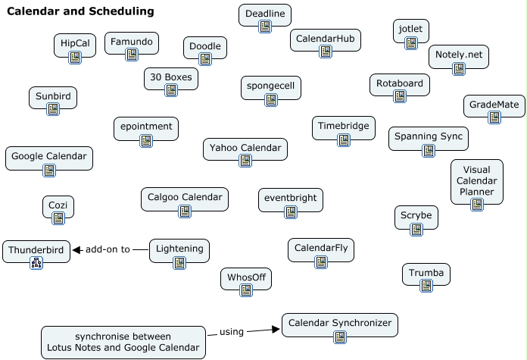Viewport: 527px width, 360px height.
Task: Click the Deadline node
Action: pos(265,15)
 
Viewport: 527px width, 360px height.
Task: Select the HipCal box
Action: pos(75,45)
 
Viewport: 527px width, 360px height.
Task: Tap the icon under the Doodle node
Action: pos(205,59)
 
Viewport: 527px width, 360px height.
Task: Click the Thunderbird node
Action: pos(36,252)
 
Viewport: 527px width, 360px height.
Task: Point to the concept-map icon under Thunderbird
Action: pos(36,263)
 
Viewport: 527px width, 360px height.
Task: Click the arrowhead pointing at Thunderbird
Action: pos(76,250)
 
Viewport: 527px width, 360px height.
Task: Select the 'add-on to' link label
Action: pos(108,249)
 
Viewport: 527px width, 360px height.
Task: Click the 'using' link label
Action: pos(232,332)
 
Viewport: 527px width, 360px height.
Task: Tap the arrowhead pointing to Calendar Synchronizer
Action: pos(276,329)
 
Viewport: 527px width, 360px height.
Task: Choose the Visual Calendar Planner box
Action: pos(477,182)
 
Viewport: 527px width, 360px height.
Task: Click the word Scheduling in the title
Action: pos(122,11)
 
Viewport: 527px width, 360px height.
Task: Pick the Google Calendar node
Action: pos(49,158)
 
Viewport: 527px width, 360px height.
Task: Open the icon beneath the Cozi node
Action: pos(58,218)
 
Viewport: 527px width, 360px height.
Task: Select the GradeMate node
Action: pos(494,106)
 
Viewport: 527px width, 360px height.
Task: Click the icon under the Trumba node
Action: pos(426,286)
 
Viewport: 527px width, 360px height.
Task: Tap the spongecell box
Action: pos(271,88)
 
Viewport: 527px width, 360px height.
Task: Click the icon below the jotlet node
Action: pos(411,43)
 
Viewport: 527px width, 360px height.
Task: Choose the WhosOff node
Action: pos(246,279)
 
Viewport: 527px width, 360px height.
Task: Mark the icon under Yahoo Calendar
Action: pos(245,161)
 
